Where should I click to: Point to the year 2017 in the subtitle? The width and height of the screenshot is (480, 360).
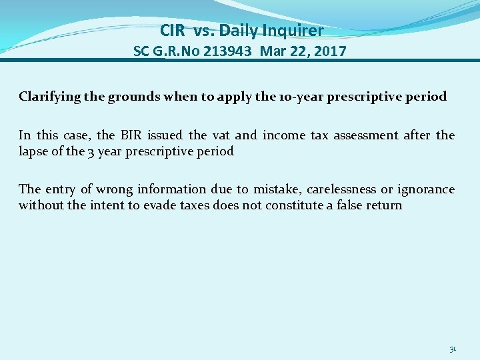pos(329,51)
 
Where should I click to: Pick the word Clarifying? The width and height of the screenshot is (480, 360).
pos(51,97)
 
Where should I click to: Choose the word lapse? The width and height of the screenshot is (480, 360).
pos(33,151)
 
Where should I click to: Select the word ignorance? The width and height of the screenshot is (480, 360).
pos(426,189)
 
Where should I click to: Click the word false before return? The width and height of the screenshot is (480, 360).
pos(351,205)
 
